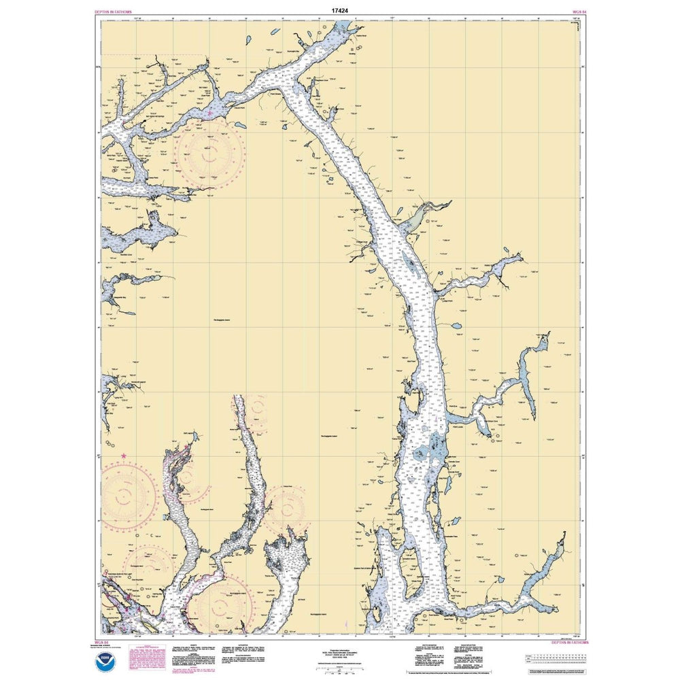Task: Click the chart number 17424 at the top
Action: [x=340, y=11]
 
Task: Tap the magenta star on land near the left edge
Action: [x=123, y=455]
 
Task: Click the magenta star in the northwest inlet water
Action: [x=211, y=112]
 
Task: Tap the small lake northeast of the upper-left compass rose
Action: [x=241, y=125]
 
